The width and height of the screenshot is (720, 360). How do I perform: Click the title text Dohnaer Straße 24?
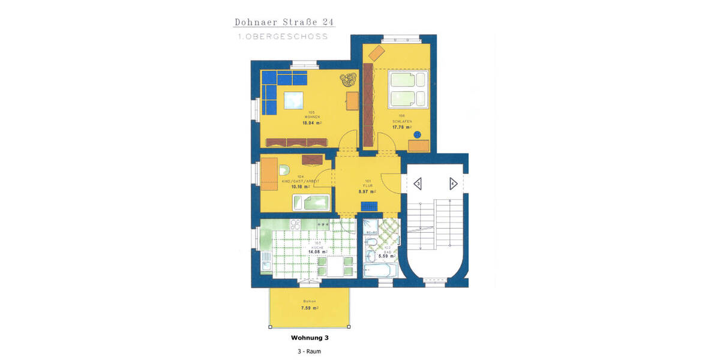tap(283, 22)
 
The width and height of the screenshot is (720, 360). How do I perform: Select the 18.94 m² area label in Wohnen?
tap(312, 122)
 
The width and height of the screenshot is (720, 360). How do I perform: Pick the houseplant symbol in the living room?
tap(347, 80)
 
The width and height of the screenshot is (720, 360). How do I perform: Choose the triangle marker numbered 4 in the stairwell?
tap(454, 184)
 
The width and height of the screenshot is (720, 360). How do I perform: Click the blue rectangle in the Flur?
tap(368, 206)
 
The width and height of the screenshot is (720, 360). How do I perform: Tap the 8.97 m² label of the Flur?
tap(367, 191)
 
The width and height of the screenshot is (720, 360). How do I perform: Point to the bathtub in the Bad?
tap(380, 271)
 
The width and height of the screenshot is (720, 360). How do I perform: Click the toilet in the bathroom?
tap(371, 242)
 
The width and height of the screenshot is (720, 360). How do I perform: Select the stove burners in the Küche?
tap(296, 225)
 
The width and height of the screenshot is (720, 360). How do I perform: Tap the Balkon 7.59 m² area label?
tap(310, 308)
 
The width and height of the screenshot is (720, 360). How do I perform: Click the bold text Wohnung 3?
tap(309, 338)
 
